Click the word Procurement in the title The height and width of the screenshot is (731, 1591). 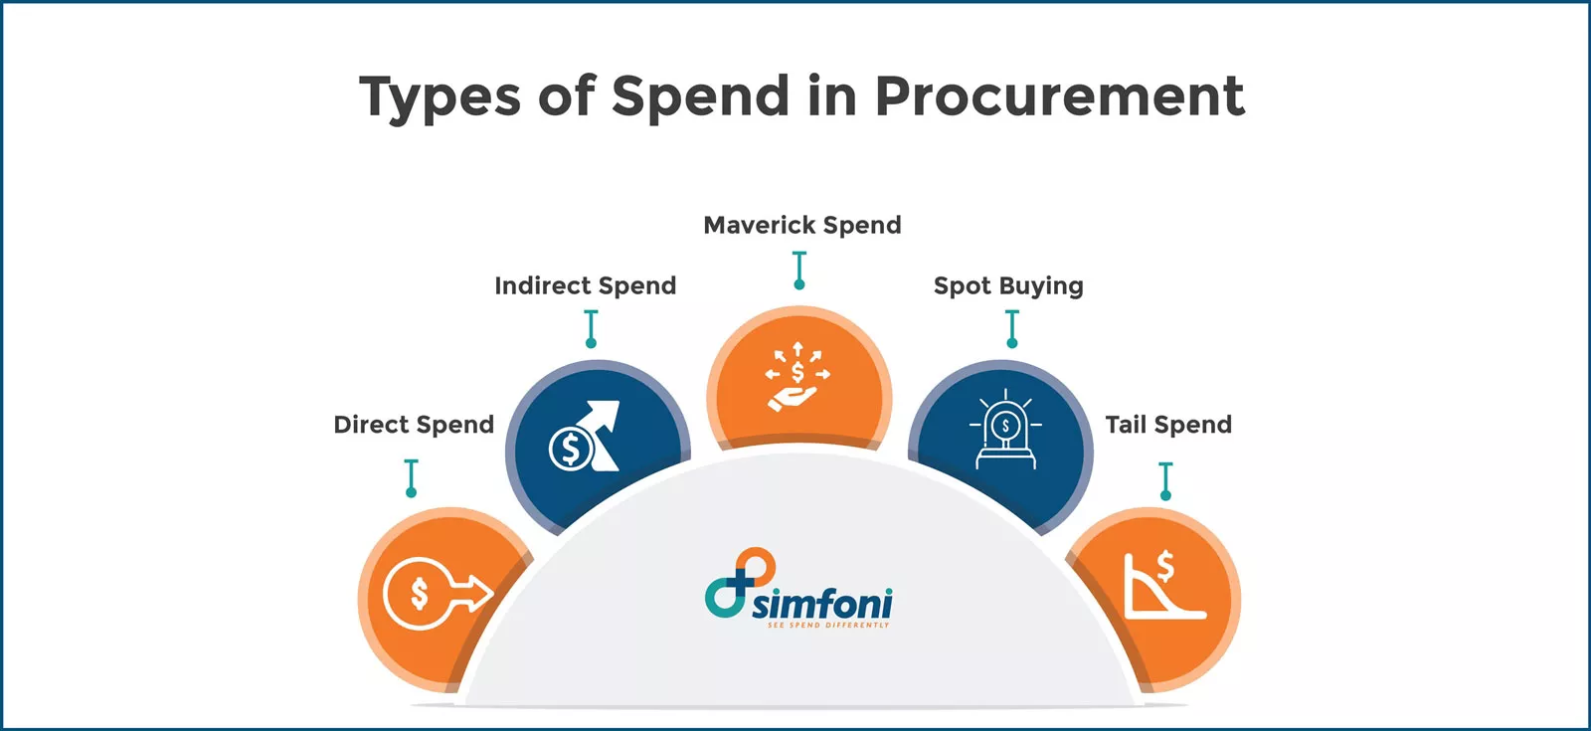1059,96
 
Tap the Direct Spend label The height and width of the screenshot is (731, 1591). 414,425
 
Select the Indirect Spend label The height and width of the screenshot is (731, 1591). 585,286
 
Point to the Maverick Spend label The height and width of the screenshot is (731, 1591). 801,226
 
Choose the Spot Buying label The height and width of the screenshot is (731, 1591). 1007,286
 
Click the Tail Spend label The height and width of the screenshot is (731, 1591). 1167,425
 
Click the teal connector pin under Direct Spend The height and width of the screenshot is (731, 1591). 411,477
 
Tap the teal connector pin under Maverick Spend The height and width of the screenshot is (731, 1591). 798,270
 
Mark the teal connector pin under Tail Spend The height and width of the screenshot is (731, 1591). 1165,480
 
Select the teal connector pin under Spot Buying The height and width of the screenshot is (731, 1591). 1011,328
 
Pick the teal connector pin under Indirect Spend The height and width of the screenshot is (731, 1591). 591,328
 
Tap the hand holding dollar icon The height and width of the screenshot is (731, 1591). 796,377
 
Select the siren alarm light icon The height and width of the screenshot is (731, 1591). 1005,431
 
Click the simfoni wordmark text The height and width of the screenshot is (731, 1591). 821,603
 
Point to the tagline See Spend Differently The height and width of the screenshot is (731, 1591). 827,626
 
